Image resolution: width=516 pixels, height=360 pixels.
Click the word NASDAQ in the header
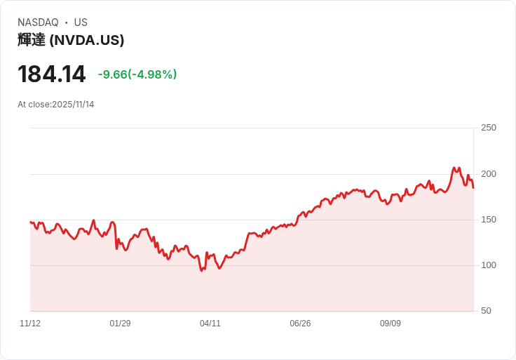38,22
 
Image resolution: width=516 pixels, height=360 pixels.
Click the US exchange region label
81,22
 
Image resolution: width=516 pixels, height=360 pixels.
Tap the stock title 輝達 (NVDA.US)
71,40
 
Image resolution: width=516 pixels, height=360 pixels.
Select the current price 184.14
51,74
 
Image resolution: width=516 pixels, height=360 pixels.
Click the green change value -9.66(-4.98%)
137,74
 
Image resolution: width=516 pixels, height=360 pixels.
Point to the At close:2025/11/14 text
56,105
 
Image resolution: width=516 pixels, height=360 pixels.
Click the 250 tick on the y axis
489,128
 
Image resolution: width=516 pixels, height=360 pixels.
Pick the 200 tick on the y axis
489,174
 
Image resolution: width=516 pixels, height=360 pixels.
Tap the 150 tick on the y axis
489,220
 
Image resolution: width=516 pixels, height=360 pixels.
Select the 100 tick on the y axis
489,265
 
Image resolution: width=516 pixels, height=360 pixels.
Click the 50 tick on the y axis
486,311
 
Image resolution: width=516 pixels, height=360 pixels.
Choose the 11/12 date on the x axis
30,324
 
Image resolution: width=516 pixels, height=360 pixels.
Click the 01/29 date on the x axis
120,324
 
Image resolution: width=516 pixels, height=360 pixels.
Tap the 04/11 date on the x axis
210,324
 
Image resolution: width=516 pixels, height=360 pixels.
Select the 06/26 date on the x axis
300,324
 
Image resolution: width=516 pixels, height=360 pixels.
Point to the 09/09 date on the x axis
391,324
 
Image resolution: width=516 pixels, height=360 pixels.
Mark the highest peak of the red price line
454,168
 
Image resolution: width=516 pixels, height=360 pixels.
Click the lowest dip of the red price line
201,271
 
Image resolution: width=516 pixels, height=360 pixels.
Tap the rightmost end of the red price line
473,187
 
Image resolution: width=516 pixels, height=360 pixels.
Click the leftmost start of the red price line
30,222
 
